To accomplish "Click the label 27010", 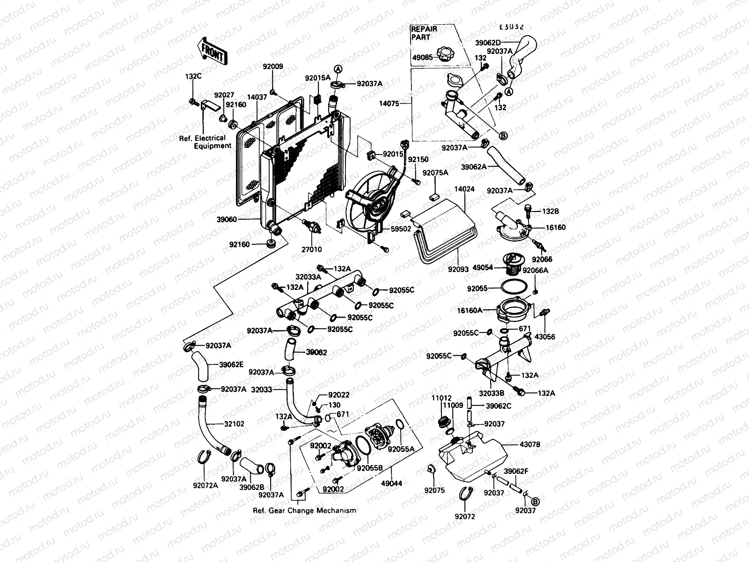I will [x=312, y=250].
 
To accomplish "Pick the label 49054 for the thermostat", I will [x=484, y=268].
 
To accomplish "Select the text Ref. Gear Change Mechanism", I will [x=304, y=510].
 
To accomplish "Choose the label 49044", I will [x=392, y=482].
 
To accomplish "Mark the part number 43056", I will [x=544, y=336].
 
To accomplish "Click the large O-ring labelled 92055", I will [x=512, y=286].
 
